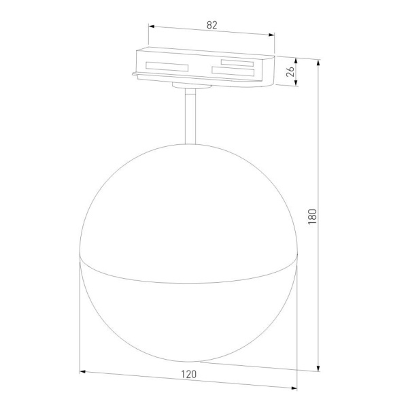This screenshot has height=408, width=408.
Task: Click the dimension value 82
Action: coord(211,25)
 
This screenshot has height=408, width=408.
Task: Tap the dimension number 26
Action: coord(291,71)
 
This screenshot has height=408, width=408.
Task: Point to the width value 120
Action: coord(189,374)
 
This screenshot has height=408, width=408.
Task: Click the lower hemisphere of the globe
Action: coord(188,320)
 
